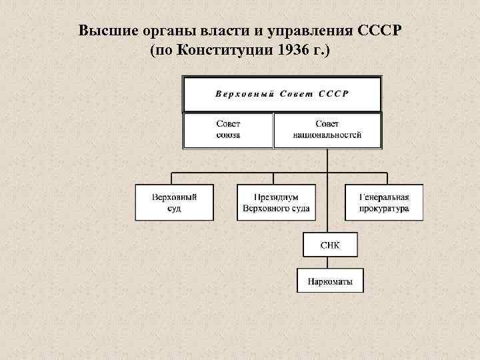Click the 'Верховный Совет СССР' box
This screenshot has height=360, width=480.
(x=282, y=93)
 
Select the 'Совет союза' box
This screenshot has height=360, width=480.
(x=228, y=130)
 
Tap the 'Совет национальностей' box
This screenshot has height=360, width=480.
(x=327, y=130)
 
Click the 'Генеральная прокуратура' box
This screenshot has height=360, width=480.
(x=383, y=203)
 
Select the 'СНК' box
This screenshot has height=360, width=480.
(x=329, y=245)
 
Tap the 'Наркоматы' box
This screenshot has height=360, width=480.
(x=329, y=280)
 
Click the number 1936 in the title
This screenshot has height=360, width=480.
(x=291, y=51)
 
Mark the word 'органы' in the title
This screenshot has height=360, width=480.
(x=158, y=31)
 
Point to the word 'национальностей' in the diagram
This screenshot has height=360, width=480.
(x=327, y=135)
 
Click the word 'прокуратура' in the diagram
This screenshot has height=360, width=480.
(x=383, y=208)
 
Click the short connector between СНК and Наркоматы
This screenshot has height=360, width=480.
(x=329, y=262)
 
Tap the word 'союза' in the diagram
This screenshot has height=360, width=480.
(x=228, y=135)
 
